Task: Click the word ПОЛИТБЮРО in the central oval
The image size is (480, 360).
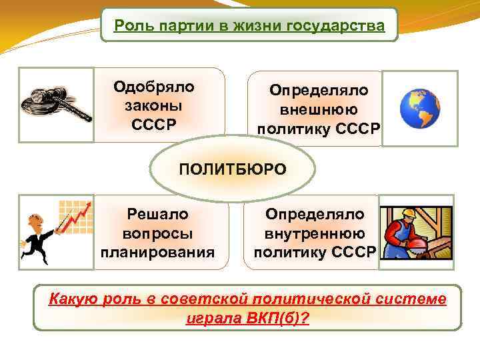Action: pos(232,169)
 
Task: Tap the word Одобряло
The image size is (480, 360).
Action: pos(154,87)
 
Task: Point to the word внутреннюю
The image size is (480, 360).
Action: pos(315,233)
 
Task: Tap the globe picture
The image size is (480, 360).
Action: pos(420,109)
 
